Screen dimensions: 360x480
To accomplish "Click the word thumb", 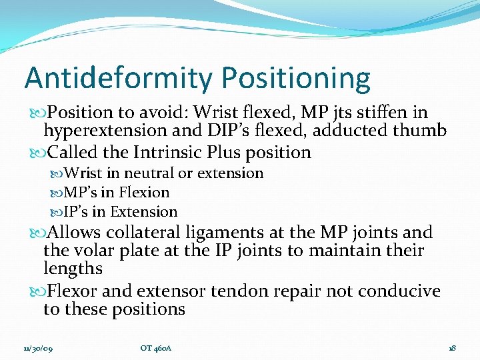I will tap(423, 131).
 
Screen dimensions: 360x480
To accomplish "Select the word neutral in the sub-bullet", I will tap(145, 173).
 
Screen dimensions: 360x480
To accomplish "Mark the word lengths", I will tap(73, 269).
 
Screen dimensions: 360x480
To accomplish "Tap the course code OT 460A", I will tap(156, 347).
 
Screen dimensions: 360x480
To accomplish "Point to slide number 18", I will tap(451, 347).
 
